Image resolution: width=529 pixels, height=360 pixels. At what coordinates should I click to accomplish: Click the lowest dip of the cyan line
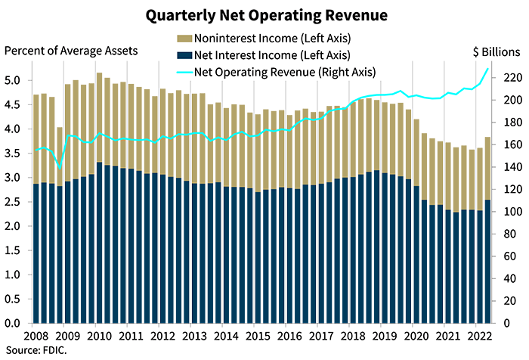60,166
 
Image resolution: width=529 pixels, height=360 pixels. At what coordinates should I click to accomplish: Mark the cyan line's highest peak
486,67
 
